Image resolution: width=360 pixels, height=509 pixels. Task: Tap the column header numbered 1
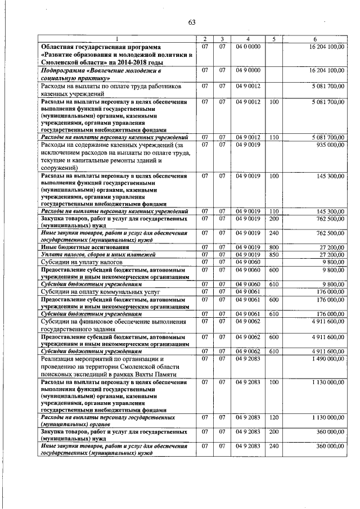coord(118,39)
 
